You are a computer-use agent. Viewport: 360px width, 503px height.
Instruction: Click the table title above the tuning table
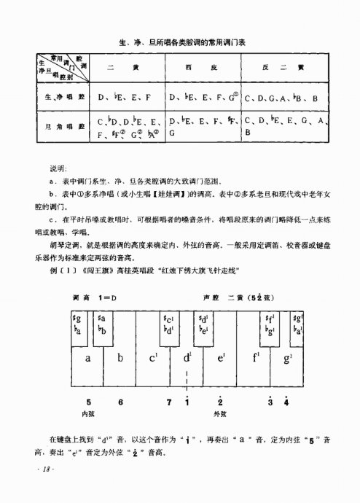tap(181, 44)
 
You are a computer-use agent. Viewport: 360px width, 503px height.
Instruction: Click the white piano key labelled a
tap(87, 358)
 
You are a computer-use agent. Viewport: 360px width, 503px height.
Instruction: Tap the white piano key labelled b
tap(120, 358)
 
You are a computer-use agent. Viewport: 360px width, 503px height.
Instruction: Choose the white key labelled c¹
tap(154, 358)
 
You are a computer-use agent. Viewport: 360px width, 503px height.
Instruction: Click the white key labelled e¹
tap(220, 358)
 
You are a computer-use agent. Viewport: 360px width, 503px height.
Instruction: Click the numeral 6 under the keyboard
tap(120, 402)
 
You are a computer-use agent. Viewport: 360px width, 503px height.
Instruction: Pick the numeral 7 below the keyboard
tap(169, 402)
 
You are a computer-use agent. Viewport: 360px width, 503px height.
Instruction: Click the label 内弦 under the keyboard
tap(89, 413)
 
